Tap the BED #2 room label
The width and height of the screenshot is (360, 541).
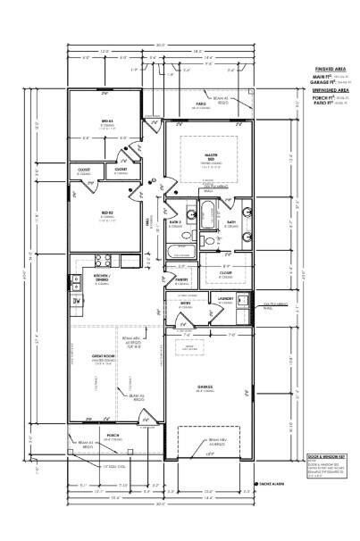tap(105, 215)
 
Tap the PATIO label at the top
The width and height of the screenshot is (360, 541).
tap(201, 104)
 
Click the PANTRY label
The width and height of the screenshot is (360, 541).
tap(180, 279)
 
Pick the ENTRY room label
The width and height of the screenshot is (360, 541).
tap(185, 304)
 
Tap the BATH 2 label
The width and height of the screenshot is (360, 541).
tap(176, 223)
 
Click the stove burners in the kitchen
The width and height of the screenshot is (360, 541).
tap(103, 261)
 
